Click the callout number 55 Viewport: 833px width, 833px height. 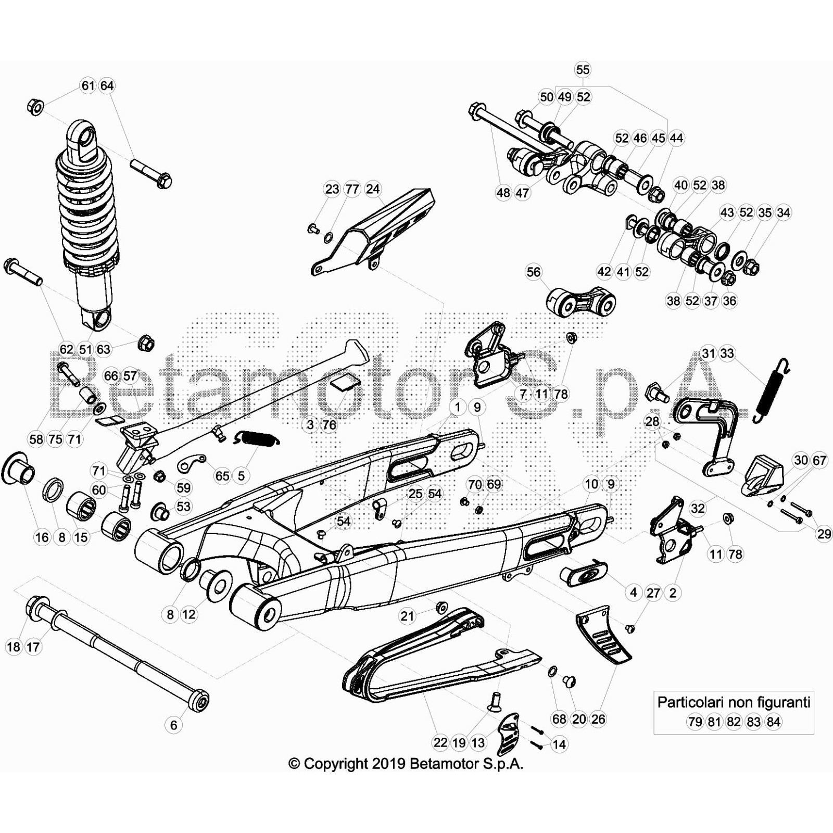pyautogui.click(x=583, y=70)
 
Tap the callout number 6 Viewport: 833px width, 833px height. pyautogui.click(x=174, y=725)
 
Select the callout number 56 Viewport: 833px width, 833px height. pyautogui.click(x=534, y=272)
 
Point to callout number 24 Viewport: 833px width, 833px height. pyautogui.click(x=373, y=189)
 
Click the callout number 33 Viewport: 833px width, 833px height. pyautogui.click(x=727, y=354)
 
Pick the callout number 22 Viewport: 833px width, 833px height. pyautogui.click(x=440, y=742)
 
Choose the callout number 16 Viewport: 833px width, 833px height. pyautogui.click(x=42, y=537)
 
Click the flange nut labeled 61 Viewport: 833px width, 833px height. pyautogui.click(x=35, y=107)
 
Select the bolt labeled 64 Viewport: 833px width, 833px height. pyautogui.click(x=151, y=174)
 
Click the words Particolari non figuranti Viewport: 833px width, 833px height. pyautogui.click(x=734, y=702)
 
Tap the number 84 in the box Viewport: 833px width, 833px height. pyautogui.click(x=774, y=722)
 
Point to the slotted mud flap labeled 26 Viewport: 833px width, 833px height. pyautogui.click(x=604, y=634)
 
